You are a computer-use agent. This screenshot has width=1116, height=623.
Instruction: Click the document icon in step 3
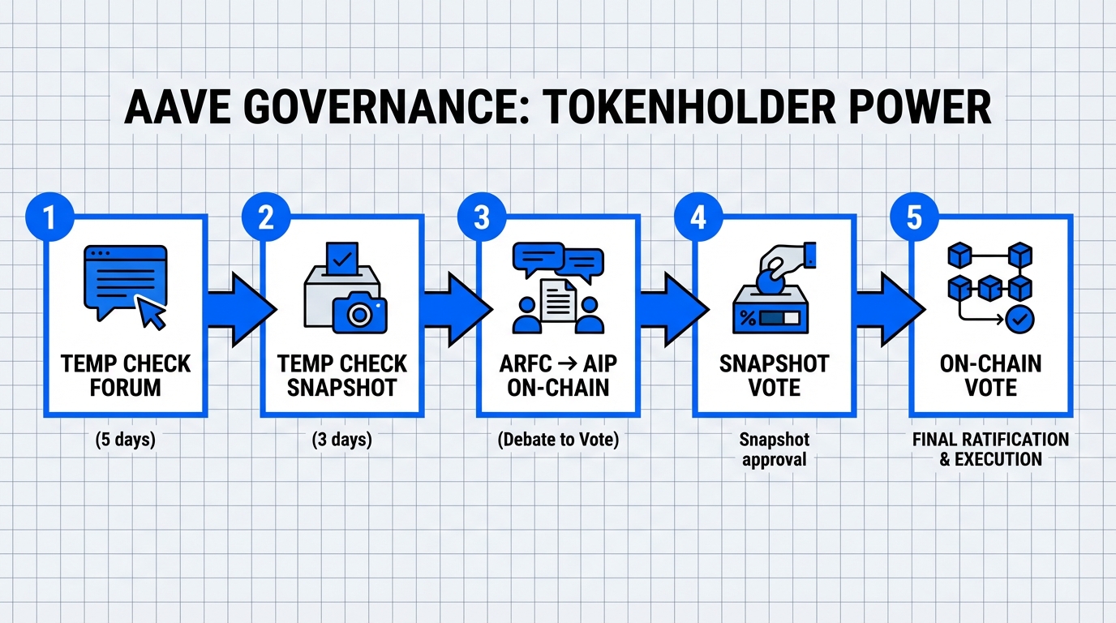(558, 298)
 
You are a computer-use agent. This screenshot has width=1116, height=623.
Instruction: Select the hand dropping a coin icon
(783, 264)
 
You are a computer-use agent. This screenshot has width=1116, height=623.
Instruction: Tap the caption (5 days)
(125, 440)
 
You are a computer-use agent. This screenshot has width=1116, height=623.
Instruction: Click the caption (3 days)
(341, 440)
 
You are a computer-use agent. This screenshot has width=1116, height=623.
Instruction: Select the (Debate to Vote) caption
(558, 440)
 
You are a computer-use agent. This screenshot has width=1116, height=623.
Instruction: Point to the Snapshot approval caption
(774, 449)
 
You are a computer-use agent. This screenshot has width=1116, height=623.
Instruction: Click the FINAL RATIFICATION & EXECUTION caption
(990, 449)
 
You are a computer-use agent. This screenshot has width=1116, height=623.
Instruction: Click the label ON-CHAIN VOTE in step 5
(990, 376)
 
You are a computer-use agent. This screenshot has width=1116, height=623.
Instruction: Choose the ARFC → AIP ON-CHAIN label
(558, 376)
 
